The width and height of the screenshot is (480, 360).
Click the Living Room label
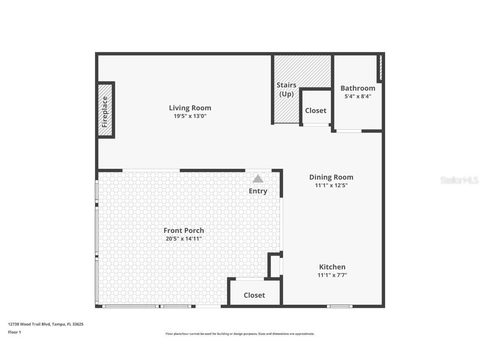click(x=190, y=108)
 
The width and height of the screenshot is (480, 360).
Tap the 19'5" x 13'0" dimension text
click(x=190, y=116)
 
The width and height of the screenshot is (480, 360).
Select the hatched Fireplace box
click(x=105, y=110)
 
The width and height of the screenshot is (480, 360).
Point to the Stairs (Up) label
click(x=286, y=89)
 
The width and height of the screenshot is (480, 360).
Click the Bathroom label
click(x=357, y=88)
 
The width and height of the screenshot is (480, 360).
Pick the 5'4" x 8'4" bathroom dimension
click(x=357, y=96)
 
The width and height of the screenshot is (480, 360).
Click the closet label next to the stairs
click(x=315, y=110)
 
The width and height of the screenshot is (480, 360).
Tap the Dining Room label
click(x=331, y=177)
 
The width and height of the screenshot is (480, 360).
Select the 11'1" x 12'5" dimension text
click(x=331, y=185)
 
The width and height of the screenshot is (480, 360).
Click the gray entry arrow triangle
click(x=258, y=179)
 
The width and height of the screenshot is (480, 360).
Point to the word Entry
click(x=258, y=191)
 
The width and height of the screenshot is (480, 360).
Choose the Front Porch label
click(x=184, y=230)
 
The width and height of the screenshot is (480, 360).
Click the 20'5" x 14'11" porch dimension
click(x=184, y=239)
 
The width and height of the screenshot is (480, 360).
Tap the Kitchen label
click(x=332, y=267)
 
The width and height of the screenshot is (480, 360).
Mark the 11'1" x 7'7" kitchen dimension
click(x=332, y=275)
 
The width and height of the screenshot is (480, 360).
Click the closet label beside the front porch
click(x=254, y=295)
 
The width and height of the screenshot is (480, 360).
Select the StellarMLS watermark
click(x=459, y=180)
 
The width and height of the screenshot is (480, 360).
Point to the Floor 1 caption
click(x=14, y=332)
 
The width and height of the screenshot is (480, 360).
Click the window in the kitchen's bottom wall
click(x=340, y=306)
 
